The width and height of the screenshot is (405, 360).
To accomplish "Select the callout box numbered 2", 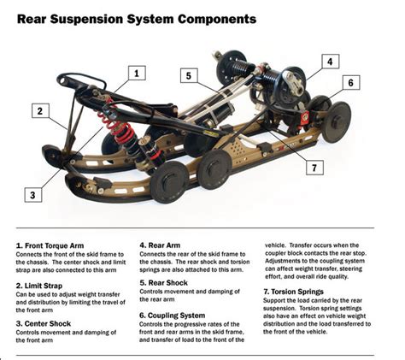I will click(x=39, y=109).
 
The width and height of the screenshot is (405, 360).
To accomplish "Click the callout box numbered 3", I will click(x=32, y=194).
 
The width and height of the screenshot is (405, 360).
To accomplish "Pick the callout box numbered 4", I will click(x=331, y=62).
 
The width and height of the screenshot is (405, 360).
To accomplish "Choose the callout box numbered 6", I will click(x=349, y=83).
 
